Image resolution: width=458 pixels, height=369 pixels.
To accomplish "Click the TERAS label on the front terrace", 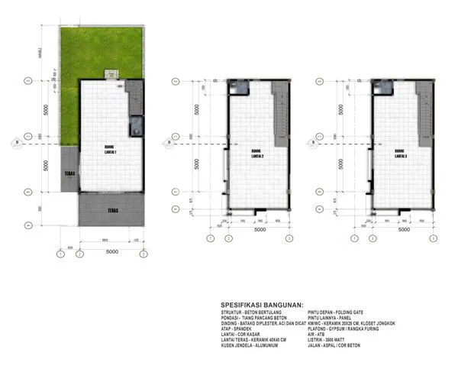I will [111, 209].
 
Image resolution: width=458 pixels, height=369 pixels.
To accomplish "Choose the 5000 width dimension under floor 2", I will [259, 228].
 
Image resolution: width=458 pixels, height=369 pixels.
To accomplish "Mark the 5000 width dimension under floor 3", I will [403, 228].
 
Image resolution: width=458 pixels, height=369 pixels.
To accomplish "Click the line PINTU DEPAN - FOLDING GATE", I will [337, 312].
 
